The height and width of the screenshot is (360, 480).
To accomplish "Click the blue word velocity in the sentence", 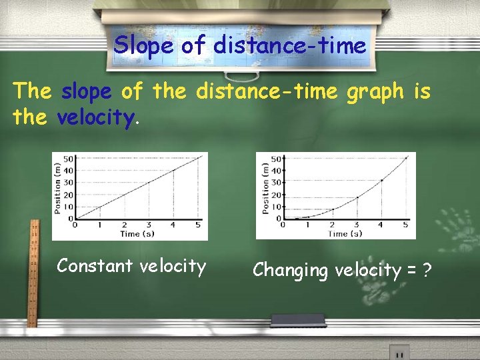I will point(97,118).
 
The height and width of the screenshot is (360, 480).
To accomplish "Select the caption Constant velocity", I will point(131,266).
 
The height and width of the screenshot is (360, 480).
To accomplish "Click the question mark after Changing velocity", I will point(426,270).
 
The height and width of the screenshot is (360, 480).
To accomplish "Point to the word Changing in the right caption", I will point(291,271).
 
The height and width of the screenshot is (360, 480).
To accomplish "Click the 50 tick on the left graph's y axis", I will point(68,159).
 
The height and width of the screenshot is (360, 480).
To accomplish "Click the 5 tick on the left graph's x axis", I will point(197,225).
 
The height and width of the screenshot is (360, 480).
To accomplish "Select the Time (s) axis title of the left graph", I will point(139,234).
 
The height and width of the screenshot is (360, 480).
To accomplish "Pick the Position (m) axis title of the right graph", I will point(264,187).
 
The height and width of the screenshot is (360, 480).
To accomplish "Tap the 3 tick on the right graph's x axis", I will point(356,225).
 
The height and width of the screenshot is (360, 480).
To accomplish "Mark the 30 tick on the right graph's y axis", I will point(274,183).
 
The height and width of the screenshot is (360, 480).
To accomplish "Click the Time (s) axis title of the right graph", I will point(345,234).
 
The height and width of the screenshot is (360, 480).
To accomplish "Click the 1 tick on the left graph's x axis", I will point(100,225).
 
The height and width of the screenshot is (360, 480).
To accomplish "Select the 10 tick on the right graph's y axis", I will point(274,207).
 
